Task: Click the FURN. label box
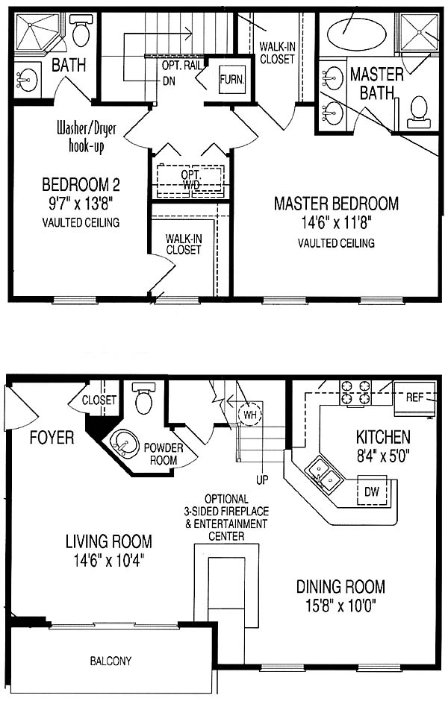pos(231,80)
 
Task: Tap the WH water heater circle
pos(249,415)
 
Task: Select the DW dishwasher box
pos(372,491)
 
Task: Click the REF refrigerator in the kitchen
pos(414,398)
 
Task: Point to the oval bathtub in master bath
pos(356,33)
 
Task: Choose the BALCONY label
pos(111,661)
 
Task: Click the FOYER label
pos(52,437)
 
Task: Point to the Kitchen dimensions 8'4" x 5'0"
pos(383,456)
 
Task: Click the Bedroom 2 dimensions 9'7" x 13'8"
pos(80,204)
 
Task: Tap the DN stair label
pos(169,81)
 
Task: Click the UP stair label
pos(262,480)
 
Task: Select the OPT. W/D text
pos(191,179)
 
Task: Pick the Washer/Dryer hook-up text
pos(87,138)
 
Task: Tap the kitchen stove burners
pos(355,392)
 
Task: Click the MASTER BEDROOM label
pos(336,204)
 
